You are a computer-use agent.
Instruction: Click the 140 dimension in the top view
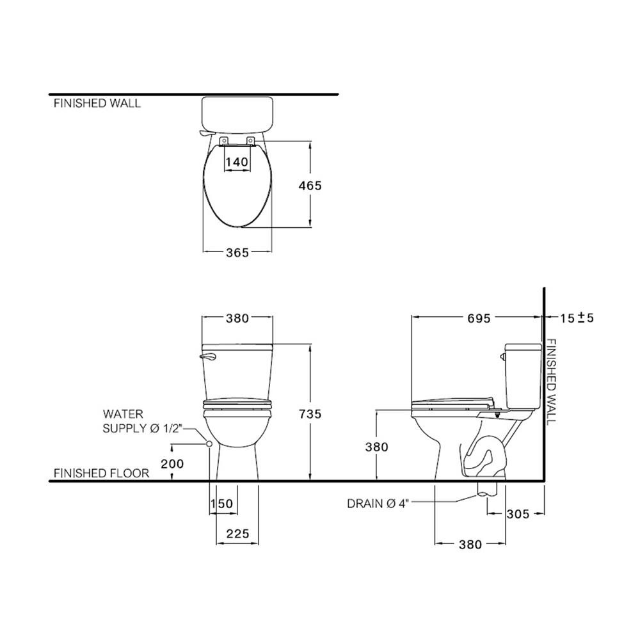click(237, 162)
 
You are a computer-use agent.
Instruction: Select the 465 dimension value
click(310, 186)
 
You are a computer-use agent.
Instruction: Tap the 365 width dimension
click(237, 252)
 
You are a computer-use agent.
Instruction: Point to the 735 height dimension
click(310, 415)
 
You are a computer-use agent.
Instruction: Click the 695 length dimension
click(478, 318)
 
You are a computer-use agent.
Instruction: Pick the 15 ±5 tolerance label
click(576, 318)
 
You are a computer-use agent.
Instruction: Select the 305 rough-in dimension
click(517, 514)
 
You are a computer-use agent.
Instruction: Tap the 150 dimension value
click(221, 504)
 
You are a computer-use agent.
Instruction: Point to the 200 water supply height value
click(172, 463)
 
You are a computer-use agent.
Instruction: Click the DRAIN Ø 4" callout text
click(377, 504)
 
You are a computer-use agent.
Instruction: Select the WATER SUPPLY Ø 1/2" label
click(141, 422)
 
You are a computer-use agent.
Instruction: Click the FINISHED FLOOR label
click(101, 474)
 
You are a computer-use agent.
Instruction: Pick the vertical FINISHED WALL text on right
click(552, 381)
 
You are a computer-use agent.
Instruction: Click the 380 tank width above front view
click(237, 318)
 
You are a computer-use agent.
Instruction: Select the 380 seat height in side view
click(376, 447)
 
